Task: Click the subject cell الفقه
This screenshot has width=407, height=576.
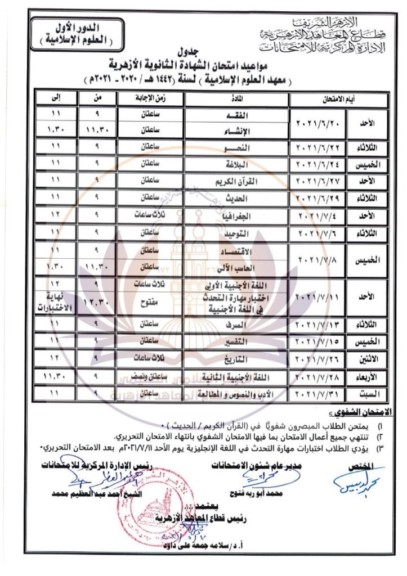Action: click(236, 114)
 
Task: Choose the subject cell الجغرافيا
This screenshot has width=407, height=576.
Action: click(236, 217)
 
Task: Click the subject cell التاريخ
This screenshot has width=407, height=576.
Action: click(236, 358)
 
